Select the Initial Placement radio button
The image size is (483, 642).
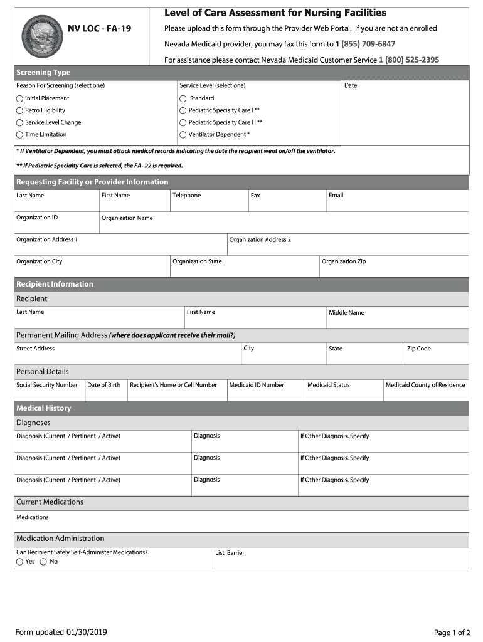20,98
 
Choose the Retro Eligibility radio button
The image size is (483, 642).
20,110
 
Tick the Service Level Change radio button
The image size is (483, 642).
20,123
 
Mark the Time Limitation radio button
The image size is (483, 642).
20,135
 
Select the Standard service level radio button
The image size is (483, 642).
183,98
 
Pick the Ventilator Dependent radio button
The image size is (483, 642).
183,135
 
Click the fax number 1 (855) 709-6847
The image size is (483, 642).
365,44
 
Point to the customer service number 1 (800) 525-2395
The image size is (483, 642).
409,60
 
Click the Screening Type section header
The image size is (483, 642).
43,73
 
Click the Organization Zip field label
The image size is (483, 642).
344,261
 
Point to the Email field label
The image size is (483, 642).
336,196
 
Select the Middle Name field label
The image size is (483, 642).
346,313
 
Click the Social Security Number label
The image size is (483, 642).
47,385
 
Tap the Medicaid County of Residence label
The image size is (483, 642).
425,385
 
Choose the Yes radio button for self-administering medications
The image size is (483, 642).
20,562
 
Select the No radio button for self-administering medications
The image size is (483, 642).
43,562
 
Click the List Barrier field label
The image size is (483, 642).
230,553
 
